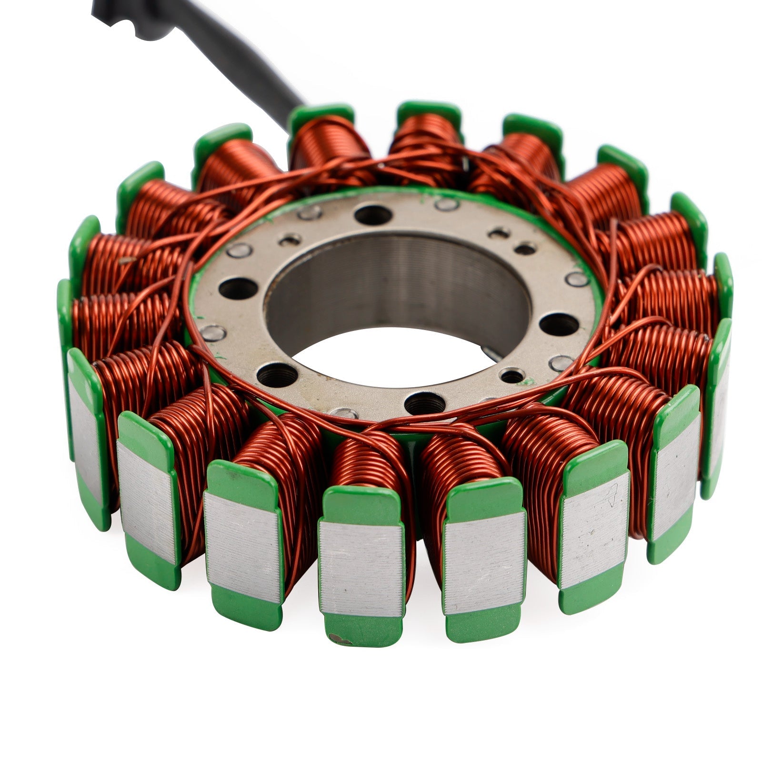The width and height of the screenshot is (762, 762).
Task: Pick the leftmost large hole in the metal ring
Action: (x=237, y=287)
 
